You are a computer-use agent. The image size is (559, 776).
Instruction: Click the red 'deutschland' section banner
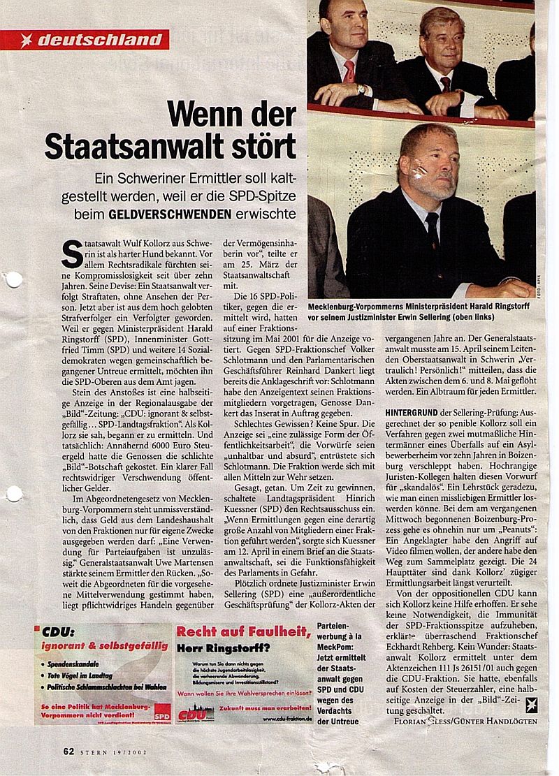[x=91, y=40]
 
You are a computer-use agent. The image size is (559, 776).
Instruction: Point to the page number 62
[x=68, y=752]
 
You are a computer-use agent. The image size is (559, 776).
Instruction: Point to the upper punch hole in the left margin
[x=12, y=280]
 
